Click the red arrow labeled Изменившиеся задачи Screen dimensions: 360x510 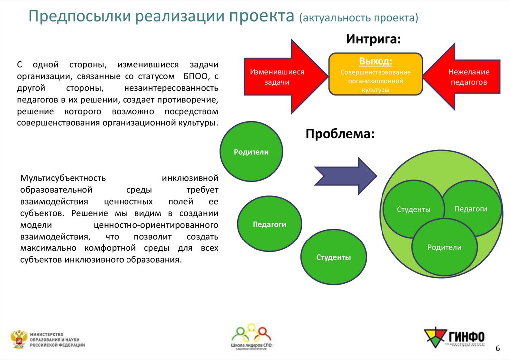pyautogui.click(x=279, y=77)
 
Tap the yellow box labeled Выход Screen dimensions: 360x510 pyautogui.click(x=376, y=74)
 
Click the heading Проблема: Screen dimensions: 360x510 pyautogui.click(x=340, y=134)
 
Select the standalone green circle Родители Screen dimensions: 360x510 pyautogui.click(x=251, y=152)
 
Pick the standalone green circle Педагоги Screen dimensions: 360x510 pyautogui.click(x=269, y=225)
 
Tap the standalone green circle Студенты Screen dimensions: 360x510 pyautogui.click(x=333, y=257)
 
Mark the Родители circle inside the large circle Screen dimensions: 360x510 pyautogui.click(x=444, y=247)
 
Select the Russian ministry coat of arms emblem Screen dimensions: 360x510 pyautogui.click(x=18, y=339)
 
